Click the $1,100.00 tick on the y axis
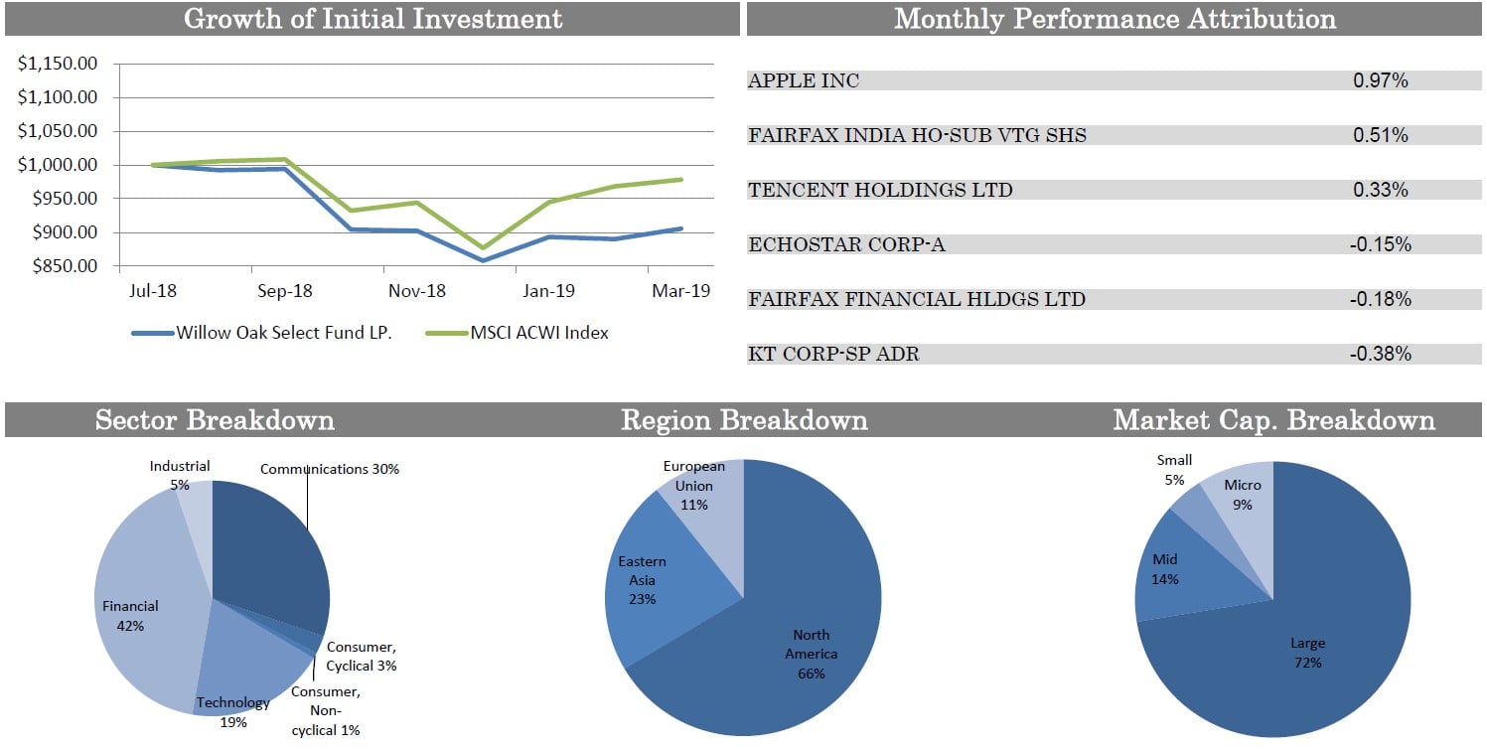pyautogui.click(x=58, y=97)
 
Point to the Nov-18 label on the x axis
pyautogui.click(x=417, y=291)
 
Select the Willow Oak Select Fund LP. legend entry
pyautogui.click(x=283, y=333)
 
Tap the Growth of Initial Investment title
pyautogui.click(x=372, y=18)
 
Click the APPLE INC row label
pyautogui.click(x=804, y=81)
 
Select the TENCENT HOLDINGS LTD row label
pyautogui.click(x=880, y=190)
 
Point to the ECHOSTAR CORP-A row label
pyautogui.click(x=846, y=244)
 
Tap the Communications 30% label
pyautogui.click(x=330, y=469)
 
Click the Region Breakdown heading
pyautogui.click(x=744, y=420)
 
